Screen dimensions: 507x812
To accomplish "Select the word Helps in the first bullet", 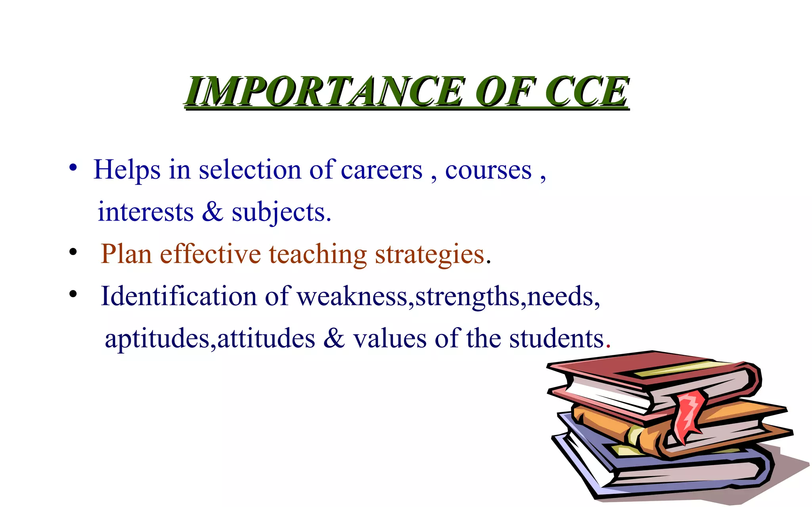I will (x=127, y=170).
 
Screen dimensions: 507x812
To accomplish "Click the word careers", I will (x=381, y=170).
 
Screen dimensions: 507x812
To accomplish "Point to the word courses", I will (x=488, y=170).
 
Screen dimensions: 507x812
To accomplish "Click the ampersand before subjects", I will (x=213, y=212).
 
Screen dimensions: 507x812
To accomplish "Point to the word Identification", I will (x=179, y=296).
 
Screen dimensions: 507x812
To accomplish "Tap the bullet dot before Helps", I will (x=73, y=168).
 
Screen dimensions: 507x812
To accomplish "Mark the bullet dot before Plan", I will (x=73, y=252).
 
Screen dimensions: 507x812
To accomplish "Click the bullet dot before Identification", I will (x=73, y=294).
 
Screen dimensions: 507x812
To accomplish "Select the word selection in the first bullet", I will (x=250, y=170).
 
